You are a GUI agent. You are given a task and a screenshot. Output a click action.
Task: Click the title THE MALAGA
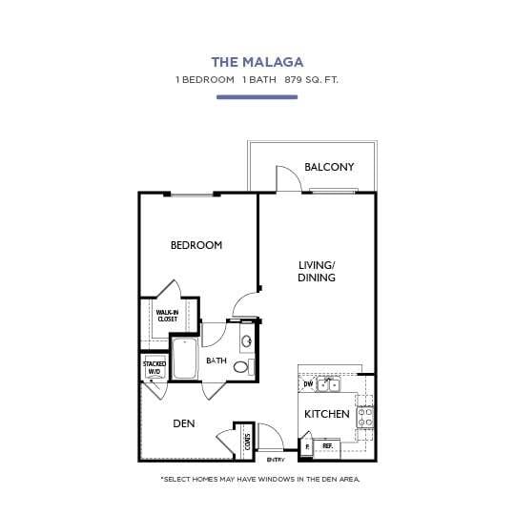click(257, 62)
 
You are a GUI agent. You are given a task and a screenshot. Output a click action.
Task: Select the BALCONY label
click(329, 167)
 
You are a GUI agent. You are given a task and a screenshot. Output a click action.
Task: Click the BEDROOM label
click(196, 245)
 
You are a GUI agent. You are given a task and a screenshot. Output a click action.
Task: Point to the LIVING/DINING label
click(317, 271)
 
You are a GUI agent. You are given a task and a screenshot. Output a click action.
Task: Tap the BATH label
click(216, 360)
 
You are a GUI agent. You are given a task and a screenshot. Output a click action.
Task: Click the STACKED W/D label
click(154, 367)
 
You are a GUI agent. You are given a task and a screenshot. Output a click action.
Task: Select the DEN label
click(184, 422)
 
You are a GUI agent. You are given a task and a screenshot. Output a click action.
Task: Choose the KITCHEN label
click(326, 415)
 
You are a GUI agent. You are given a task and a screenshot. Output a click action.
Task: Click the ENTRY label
click(275, 459)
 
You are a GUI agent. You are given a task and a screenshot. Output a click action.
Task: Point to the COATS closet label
click(247, 442)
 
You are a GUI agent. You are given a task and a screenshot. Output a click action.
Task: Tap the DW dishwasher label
click(308, 385)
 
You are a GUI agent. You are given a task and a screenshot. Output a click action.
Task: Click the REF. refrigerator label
click(327, 445)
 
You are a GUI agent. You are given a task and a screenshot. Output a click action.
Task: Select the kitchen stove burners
click(364, 416)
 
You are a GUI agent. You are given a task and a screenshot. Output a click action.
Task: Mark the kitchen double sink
click(330, 385)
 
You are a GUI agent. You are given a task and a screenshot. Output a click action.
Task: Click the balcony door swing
click(287, 178)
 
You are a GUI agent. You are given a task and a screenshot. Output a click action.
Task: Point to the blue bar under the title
click(257, 96)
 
